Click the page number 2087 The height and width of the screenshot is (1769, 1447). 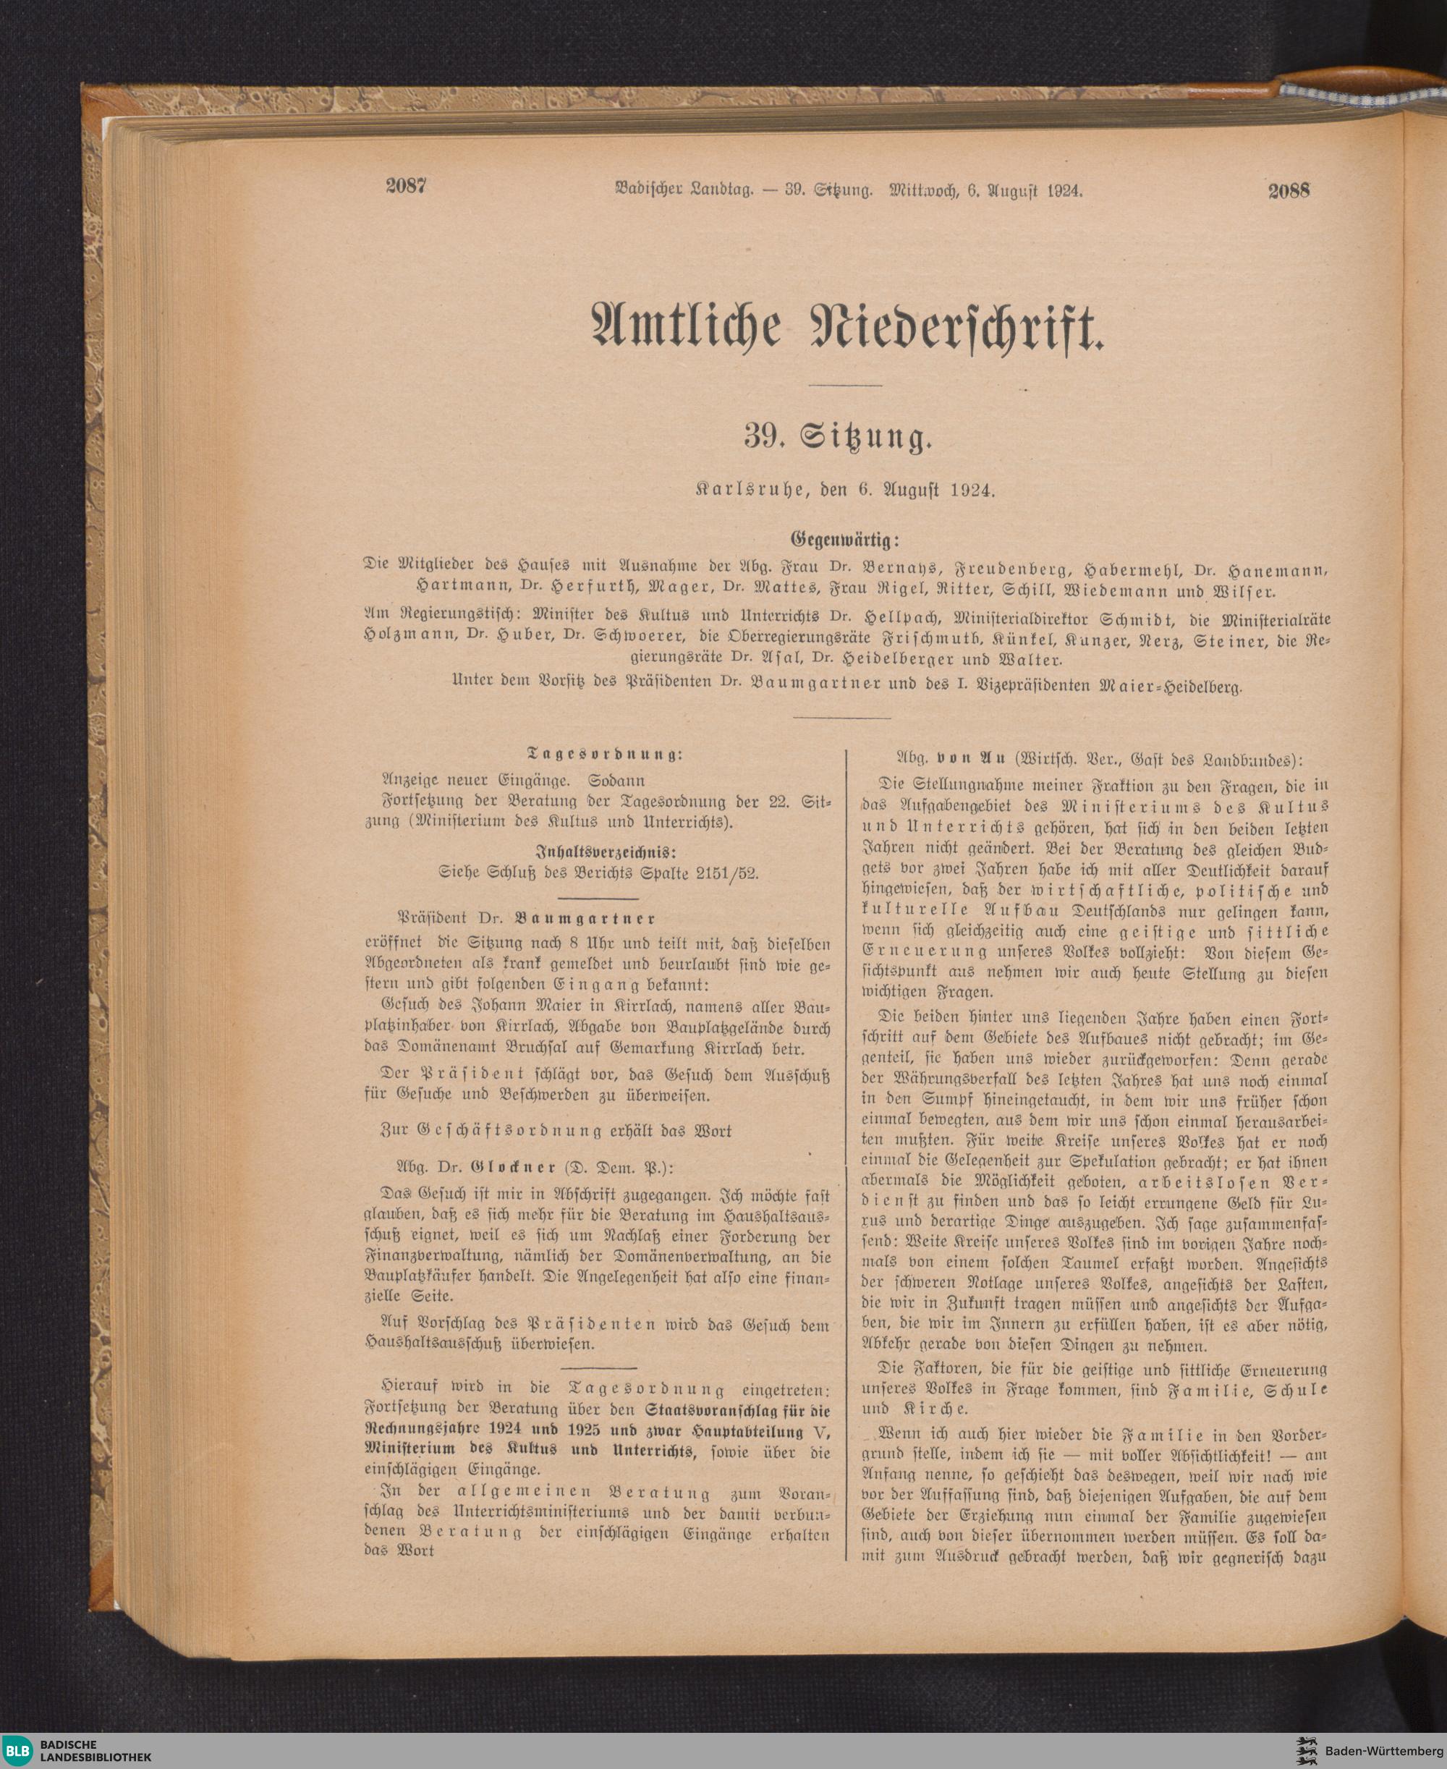(x=406, y=186)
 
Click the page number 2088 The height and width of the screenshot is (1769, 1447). (x=1289, y=190)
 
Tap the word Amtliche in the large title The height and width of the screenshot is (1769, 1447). (x=685, y=328)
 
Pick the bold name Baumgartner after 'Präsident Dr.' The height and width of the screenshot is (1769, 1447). (x=585, y=918)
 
